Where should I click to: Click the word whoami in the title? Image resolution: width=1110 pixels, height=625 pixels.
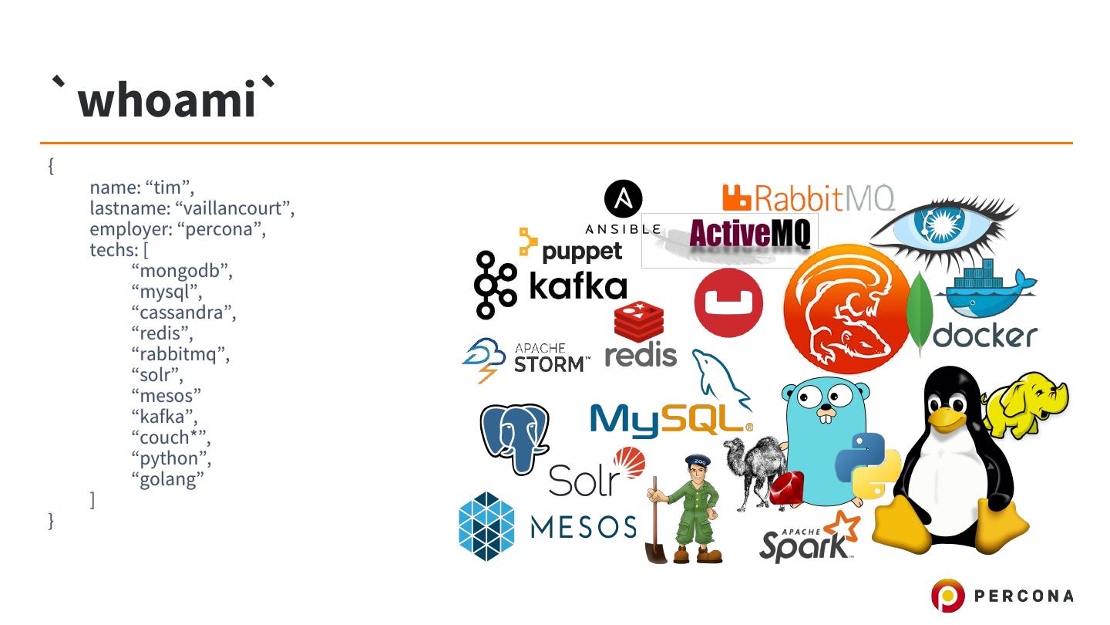[x=166, y=100]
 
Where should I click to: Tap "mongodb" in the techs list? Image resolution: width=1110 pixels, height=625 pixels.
[x=182, y=271]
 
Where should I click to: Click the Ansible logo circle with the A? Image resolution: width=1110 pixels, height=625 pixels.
[x=623, y=199]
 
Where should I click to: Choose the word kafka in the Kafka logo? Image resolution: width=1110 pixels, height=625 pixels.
[x=577, y=286]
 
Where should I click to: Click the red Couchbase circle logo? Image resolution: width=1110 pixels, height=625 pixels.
[x=728, y=303]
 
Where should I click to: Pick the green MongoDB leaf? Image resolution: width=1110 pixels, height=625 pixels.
[x=920, y=312]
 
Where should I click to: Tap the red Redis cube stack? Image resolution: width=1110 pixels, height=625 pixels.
[x=639, y=322]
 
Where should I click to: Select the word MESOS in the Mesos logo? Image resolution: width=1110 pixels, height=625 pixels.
[x=584, y=527]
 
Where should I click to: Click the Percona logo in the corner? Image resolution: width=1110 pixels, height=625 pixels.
[x=1001, y=596]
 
